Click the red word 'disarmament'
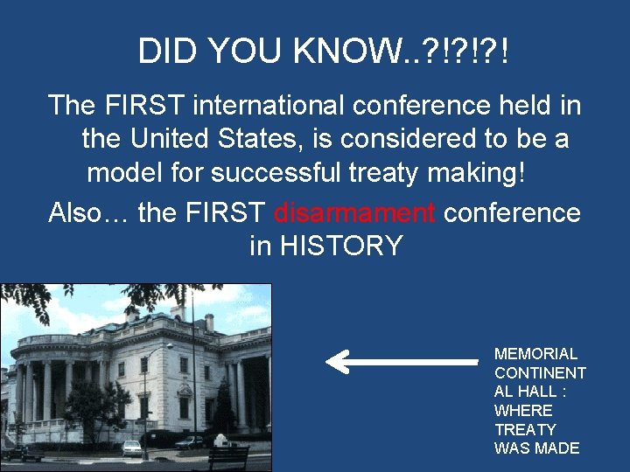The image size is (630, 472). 353,212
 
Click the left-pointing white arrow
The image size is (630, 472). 402,360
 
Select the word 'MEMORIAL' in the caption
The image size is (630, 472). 535,354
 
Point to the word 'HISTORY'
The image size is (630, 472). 340,246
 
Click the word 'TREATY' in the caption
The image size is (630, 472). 525,429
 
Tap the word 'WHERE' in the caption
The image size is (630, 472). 523,411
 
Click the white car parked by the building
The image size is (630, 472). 131,448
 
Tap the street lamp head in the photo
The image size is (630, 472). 170,347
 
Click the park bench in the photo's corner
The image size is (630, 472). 228,457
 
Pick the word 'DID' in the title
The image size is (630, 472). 168,52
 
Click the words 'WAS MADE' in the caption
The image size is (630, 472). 536,448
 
